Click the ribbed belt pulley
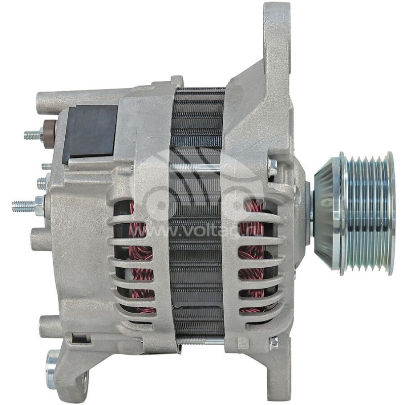pos(368,213)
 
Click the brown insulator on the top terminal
pos(49,134)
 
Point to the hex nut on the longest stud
pos(39,205)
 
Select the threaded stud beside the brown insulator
pos(33,135)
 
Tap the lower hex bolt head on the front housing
pos(273,343)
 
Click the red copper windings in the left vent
pos(139,253)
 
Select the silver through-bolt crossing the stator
pos(197,167)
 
